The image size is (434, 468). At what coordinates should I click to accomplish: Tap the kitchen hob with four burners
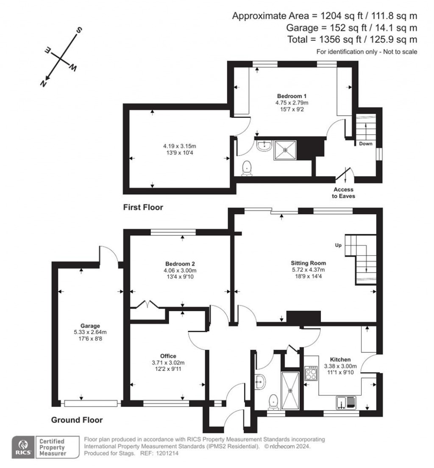click(x=312, y=373)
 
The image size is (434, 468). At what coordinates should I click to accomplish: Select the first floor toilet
click(x=246, y=168)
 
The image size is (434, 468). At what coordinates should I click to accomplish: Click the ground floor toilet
click(x=273, y=401)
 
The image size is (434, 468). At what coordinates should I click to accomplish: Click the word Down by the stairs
click(x=365, y=144)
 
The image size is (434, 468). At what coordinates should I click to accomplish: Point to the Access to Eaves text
click(x=343, y=193)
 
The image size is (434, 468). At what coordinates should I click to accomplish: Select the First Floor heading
click(x=143, y=207)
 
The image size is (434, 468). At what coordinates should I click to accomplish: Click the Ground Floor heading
click(x=77, y=420)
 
